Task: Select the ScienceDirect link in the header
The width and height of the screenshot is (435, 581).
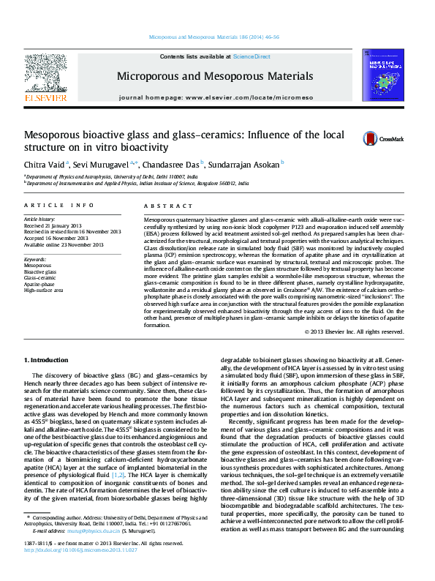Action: click(x=251, y=56)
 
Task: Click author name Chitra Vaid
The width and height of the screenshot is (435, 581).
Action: click(x=45, y=163)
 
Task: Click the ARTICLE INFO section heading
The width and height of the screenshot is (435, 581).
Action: click(x=59, y=206)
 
